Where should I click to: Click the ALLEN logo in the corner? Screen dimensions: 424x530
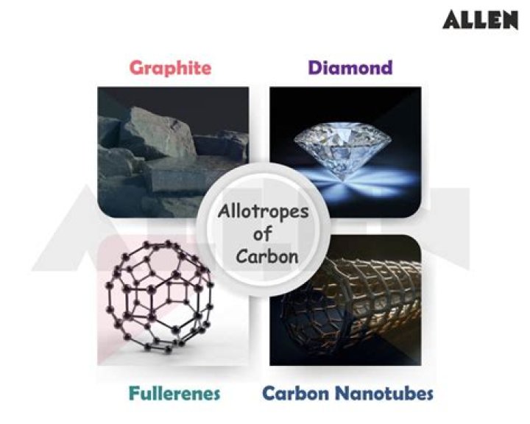click(480, 20)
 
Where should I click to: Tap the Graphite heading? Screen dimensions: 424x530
click(170, 68)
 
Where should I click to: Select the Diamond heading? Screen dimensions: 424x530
click(350, 68)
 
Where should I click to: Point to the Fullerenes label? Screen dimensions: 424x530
click(174, 393)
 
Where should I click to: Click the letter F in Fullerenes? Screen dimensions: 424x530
click(133, 393)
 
